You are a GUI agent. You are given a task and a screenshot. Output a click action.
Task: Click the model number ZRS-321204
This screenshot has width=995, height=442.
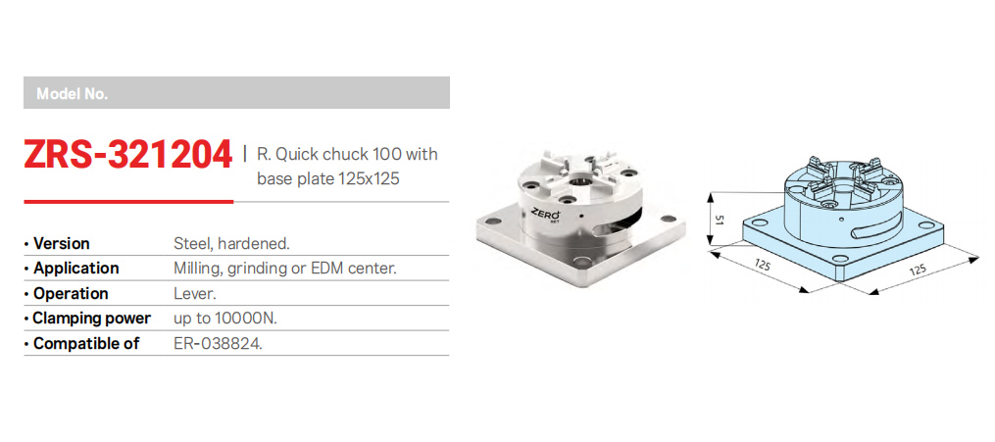tap(128, 156)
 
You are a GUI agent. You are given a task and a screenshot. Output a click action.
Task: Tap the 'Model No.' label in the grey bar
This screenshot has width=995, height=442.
tap(73, 94)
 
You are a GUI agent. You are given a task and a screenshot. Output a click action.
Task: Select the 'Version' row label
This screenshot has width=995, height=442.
tap(62, 243)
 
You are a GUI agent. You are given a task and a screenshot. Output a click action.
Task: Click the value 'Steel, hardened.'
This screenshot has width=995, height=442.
tap(231, 243)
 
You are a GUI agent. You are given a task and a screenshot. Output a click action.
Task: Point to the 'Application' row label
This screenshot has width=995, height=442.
tap(76, 269)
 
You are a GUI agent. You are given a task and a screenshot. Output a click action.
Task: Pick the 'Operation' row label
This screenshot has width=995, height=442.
tap(71, 294)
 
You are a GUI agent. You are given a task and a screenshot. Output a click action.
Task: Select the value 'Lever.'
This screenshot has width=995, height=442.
tap(194, 294)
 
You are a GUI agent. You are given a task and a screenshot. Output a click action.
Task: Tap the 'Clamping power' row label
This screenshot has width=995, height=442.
tap(92, 319)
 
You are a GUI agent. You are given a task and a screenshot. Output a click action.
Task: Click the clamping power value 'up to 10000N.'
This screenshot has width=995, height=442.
tap(225, 319)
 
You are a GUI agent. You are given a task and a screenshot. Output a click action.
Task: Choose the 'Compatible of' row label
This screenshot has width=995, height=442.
tap(86, 344)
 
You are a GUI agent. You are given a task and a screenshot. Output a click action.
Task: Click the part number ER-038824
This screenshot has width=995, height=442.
tap(219, 344)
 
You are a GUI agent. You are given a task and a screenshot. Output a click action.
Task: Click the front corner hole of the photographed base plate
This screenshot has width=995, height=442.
tap(578, 261)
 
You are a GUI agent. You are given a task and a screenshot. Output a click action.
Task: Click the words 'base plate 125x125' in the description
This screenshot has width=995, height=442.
tap(328, 178)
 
